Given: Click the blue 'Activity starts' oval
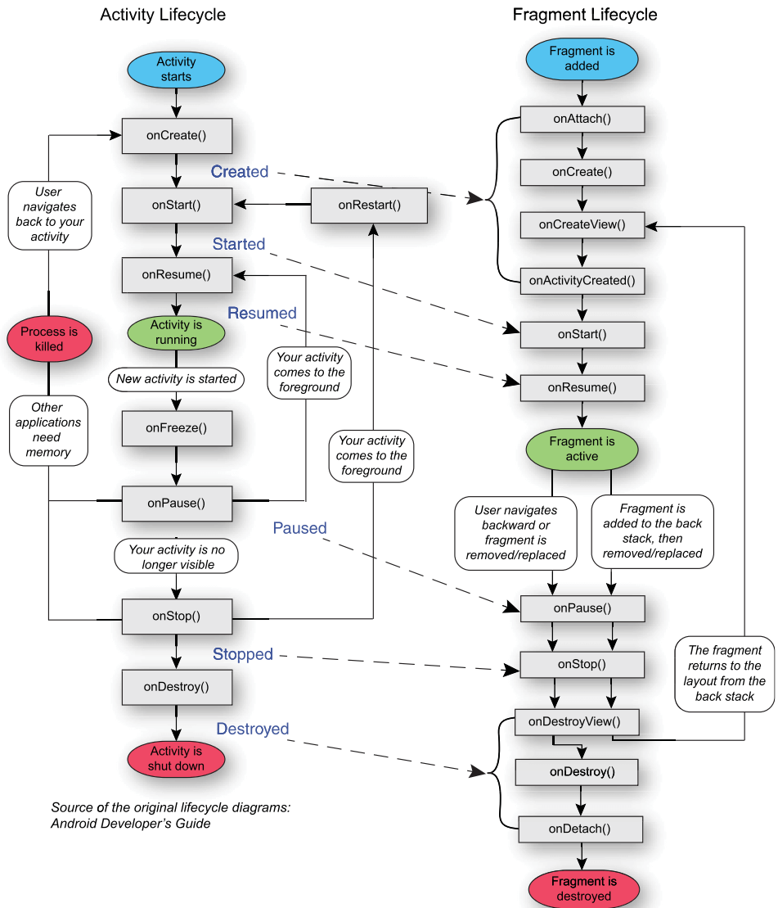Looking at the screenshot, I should click(176, 70).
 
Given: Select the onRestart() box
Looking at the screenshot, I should click(369, 205).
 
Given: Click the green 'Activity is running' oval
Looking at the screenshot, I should click(176, 332).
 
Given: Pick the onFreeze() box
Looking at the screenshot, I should click(176, 427).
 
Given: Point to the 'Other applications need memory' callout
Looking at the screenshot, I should click(49, 430).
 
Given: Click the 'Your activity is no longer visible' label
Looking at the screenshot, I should click(177, 557).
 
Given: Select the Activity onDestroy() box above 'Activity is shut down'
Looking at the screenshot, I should click(176, 687).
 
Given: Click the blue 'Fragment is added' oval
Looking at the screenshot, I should click(582, 58).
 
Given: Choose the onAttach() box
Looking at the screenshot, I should click(582, 119).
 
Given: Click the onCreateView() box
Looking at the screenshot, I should click(582, 224).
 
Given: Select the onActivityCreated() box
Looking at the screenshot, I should click(582, 281).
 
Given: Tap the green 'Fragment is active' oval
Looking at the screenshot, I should click(582, 449).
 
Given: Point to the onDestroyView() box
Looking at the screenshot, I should click(575, 721).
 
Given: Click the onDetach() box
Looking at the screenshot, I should click(580, 829).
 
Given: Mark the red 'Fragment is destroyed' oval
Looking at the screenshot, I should click(583, 889).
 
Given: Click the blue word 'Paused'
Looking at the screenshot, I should click(300, 528).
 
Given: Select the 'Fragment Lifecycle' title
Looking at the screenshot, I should click(585, 15).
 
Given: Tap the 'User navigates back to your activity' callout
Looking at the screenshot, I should click(49, 215).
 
